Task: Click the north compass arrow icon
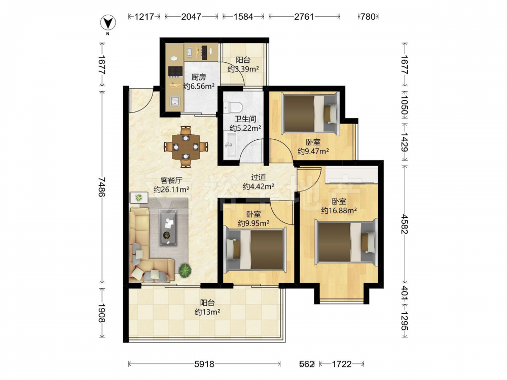[108, 23]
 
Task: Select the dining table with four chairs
[186, 147]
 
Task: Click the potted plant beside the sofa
[185, 270]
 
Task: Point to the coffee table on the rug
[168, 227]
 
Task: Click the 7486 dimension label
[101, 187]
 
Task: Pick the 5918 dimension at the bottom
[204, 364]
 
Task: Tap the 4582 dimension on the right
[404, 223]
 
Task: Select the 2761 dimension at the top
[304, 17]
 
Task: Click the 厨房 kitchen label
[199, 77]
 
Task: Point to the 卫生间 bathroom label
[245, 119]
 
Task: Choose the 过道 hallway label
[259, 177]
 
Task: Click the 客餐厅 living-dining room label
[171, 180]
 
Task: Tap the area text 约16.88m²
[339, 211]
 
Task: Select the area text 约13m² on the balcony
[207, 312]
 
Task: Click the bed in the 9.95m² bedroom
[255, 249]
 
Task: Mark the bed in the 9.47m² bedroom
[310, 113]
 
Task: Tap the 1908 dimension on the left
[101, 313]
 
